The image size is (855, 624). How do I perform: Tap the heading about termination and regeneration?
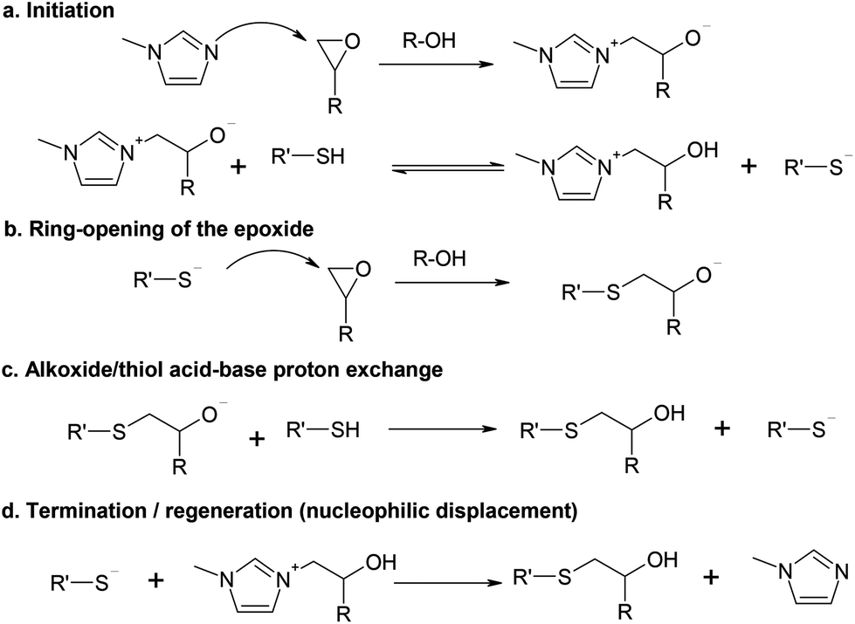pos(289,512)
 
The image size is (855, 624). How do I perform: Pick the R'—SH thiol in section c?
pos(324,429)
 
